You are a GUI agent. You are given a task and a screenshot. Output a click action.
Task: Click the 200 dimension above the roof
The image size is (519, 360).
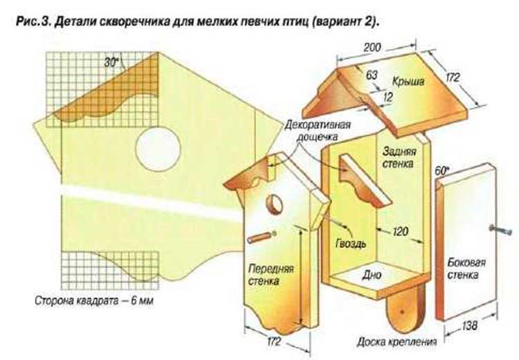(372, 47)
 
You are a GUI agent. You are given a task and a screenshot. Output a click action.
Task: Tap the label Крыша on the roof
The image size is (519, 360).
(408, 81)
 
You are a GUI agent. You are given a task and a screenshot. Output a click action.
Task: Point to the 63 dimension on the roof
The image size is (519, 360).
(372, 75)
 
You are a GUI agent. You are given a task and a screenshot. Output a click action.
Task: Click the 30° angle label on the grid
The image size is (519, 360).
(111, 62)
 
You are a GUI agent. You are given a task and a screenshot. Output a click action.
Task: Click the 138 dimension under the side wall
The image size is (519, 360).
(469, 326)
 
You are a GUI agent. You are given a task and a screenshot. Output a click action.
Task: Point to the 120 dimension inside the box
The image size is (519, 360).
(400, 231)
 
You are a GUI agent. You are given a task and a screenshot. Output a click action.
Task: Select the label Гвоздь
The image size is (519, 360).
(351, 244)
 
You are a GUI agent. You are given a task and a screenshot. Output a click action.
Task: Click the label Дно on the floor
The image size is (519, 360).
(372, 274)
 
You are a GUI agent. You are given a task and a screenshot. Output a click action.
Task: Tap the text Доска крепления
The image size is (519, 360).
(397, 342)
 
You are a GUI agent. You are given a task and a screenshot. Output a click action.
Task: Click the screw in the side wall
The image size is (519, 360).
(499, 228)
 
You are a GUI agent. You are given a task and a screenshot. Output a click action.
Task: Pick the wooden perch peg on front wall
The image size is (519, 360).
(261, 237)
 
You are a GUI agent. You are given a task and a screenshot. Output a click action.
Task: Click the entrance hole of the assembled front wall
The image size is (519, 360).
(275, 204)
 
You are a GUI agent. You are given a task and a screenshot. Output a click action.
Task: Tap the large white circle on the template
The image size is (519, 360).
(158, 149)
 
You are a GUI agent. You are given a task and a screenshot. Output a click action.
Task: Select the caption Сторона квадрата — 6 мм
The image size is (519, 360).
(94, 301)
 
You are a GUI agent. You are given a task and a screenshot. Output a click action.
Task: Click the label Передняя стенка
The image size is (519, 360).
(271, 275)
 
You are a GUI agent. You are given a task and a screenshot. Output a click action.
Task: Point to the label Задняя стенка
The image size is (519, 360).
(399, 157)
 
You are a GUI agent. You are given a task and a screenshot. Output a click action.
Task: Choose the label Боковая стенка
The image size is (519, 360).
(466, 269)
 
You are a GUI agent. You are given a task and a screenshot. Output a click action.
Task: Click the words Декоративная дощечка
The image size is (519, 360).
(317, 131)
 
